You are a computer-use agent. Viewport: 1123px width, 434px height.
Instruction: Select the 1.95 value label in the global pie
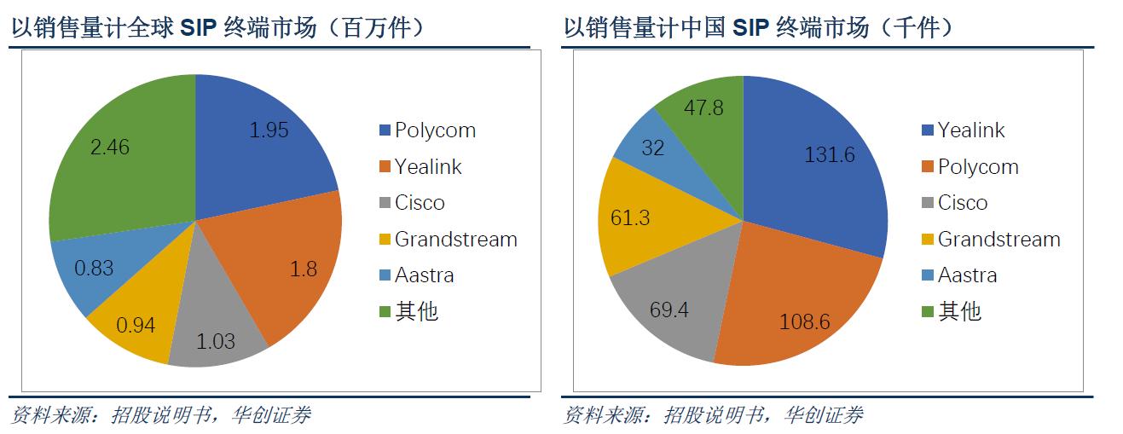269,130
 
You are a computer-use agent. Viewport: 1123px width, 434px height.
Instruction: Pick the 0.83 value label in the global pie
94,268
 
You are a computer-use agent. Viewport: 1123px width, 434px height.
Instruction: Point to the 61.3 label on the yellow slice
630,217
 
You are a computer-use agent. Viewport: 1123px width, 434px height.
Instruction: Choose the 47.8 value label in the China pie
704,107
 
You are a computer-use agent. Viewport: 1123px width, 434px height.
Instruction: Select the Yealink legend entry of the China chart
971,130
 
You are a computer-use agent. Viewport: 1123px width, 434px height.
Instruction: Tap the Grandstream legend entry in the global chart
455,240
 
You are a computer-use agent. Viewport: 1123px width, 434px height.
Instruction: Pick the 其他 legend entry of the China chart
959,312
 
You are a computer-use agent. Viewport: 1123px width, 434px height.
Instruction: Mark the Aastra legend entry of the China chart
967,275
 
